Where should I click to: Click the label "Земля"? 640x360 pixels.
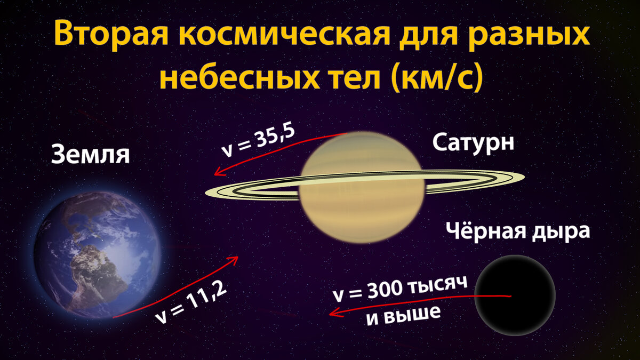pos(91,155)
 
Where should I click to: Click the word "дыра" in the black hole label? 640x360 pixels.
pos(562,233)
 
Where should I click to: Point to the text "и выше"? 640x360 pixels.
pos(404,313)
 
